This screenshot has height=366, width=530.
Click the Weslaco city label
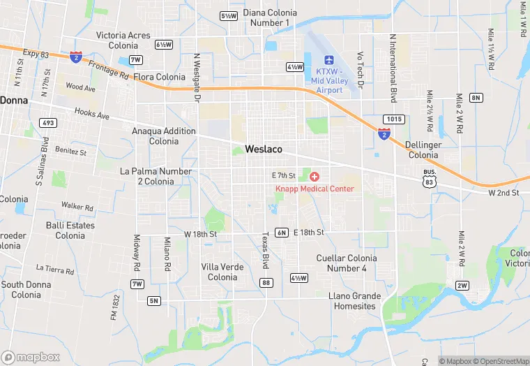click(x=263, y=149)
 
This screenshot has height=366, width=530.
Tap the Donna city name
click(x=13, y=100)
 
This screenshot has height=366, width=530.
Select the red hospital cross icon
click(x=315, y=177)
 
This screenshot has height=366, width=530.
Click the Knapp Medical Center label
click(x=315, y=189)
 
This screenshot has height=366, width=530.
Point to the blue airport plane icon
click(x=330, y=59)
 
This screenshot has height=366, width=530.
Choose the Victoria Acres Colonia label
click(x=123, y=41)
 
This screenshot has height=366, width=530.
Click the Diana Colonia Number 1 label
click(x=268, y=17)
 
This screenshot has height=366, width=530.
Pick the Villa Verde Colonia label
click(x=222, y=272)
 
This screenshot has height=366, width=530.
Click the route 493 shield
click(x=48, y=124)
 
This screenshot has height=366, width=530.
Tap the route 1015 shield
click(x=393, y=119)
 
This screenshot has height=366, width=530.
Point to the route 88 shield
click(x=266, y=282)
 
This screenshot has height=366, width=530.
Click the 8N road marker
click(x=476, y=97)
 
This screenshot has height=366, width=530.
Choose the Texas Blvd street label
click(x=265, y=251)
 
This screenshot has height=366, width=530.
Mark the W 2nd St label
click(x=503, y=192)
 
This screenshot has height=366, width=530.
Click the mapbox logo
click(x=31, y=357)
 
